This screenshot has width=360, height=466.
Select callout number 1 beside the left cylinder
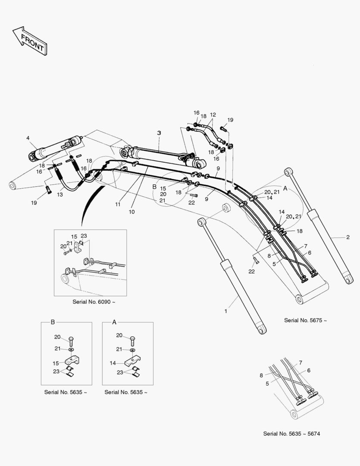pyautogui.click(x=225, y=310)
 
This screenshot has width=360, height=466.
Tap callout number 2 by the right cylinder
pyautogui.click(x=347, y=237)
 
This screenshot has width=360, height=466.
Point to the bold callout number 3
pyautogui.click(x=159, y=133)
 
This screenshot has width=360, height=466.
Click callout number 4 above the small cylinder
pyautogui.click(x=28, y=138)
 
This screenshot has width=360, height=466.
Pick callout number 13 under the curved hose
pyautogui.click(x=59, y=195)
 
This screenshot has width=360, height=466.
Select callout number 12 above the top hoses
pyautogui.click(x=213, y=115)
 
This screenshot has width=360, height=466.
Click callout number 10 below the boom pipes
pyautogui.click(x=131, y=212)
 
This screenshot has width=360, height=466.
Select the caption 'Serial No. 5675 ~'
pyautogui.click(x=305, y=320)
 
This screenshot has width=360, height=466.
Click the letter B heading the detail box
pyautogui.click(x=53, y=322)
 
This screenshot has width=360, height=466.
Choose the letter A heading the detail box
pyautogui.click(x=114, y=322)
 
